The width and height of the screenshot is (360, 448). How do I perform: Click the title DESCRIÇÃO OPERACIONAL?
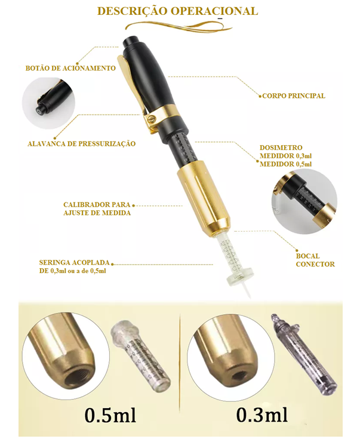coord(177,11)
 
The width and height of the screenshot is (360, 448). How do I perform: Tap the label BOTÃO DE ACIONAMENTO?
coord(70,68)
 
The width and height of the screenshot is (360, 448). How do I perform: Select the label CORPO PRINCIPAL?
coord(293,96)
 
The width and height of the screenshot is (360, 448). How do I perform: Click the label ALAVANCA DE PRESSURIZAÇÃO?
coord(82,143)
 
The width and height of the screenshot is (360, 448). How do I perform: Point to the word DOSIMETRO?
coord(281,147)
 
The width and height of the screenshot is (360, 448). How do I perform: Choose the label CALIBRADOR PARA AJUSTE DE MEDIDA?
coord(97,208)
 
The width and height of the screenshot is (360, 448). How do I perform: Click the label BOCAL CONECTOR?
coord(315,260)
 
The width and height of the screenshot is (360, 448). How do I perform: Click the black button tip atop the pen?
coord(133,46)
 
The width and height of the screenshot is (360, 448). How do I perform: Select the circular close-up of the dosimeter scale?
coord(301,197)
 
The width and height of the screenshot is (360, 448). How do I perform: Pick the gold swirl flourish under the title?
coord(179,25)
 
